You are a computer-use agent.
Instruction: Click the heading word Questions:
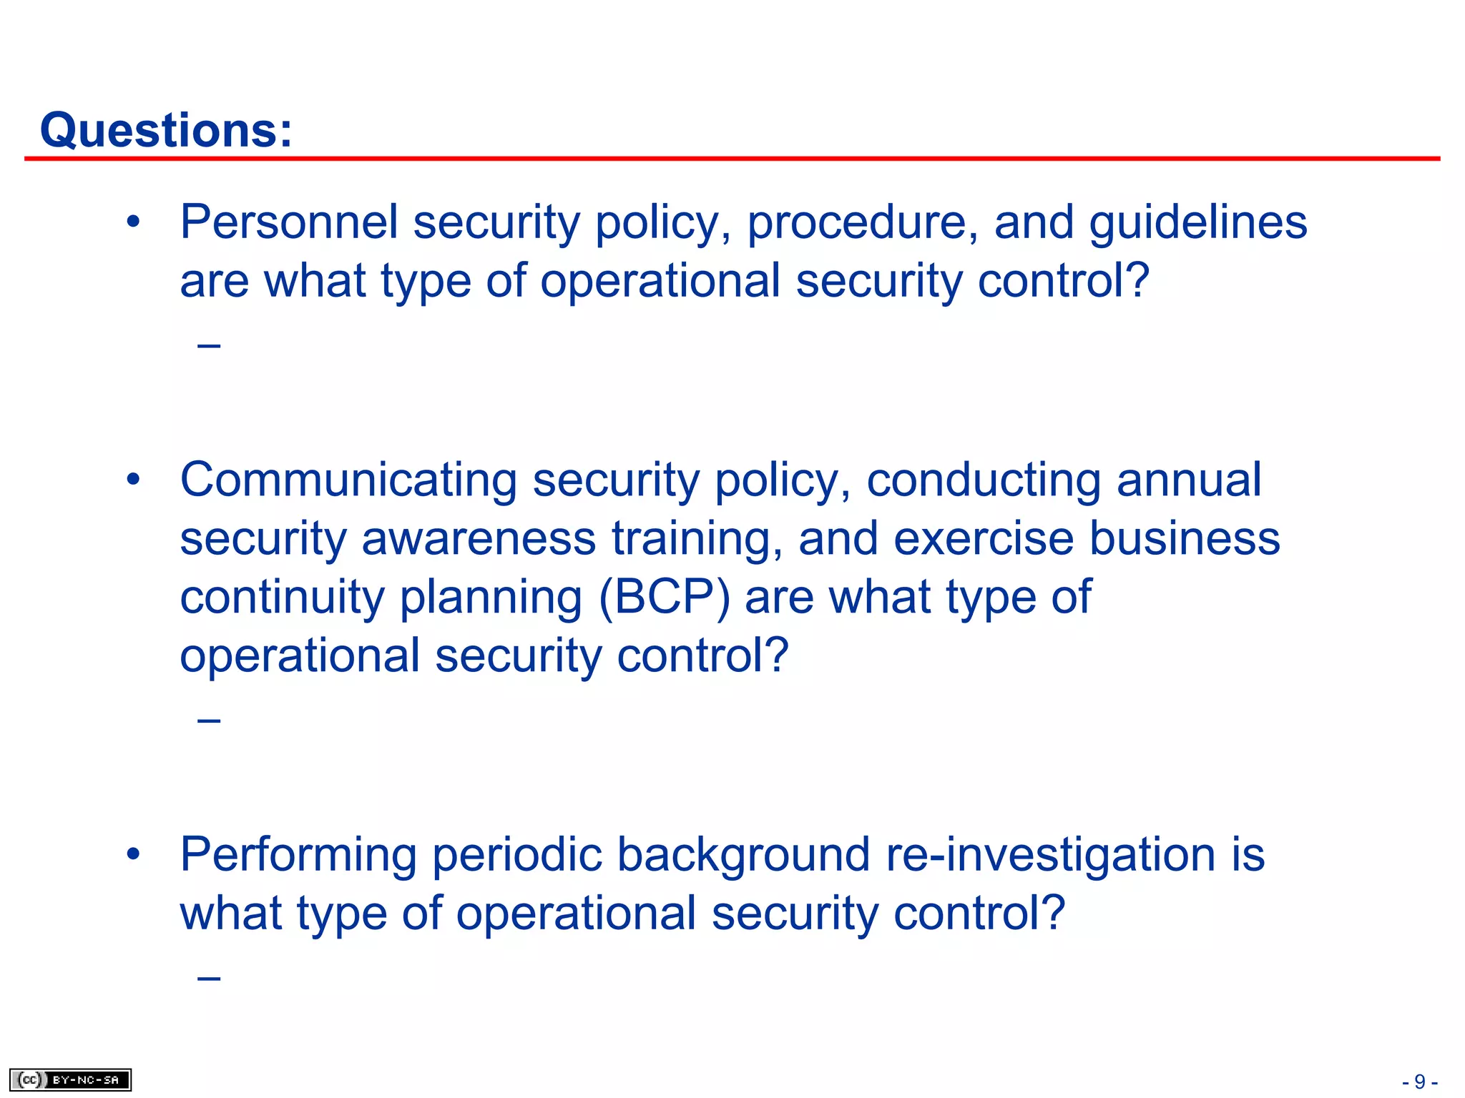[166, 130]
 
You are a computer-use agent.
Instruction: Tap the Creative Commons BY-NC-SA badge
[70, 1079]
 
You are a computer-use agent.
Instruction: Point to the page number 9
[1420, 1082]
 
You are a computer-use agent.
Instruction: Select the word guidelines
[1198, 223]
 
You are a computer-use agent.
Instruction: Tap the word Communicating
[348, 480]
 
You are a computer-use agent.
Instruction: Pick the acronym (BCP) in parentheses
[664, 597]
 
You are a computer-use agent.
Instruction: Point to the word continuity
[282, 597]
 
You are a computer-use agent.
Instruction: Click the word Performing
[298, 855]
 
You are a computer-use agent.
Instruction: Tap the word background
[743, 855]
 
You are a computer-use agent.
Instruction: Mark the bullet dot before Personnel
[133, 222]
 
